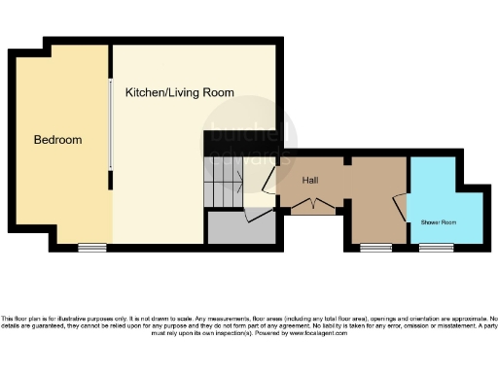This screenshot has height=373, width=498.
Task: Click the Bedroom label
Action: [57, 140]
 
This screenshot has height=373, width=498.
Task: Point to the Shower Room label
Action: [438, 222]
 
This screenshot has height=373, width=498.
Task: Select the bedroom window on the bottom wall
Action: [92, 247]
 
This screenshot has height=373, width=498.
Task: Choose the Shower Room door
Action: [399, 209]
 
